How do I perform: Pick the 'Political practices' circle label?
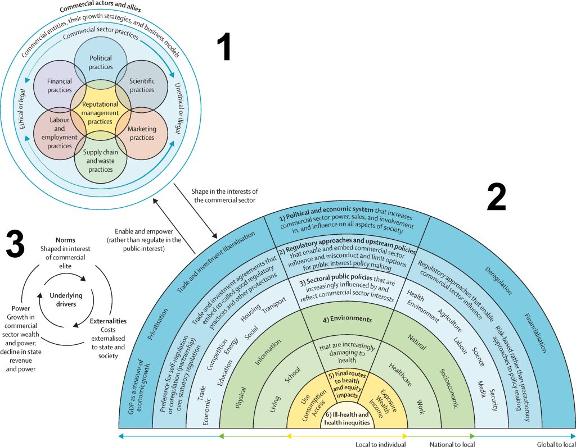[x=101, y=62]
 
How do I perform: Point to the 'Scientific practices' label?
[x=142, y=85]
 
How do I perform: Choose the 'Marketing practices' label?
[x=142, y=133]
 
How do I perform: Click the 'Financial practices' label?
[x=60, y=85]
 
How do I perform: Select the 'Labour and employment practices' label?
[x=60, y=133]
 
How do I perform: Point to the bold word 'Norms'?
[x=66, y=240]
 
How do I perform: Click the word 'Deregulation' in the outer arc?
[x=498, y=281]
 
